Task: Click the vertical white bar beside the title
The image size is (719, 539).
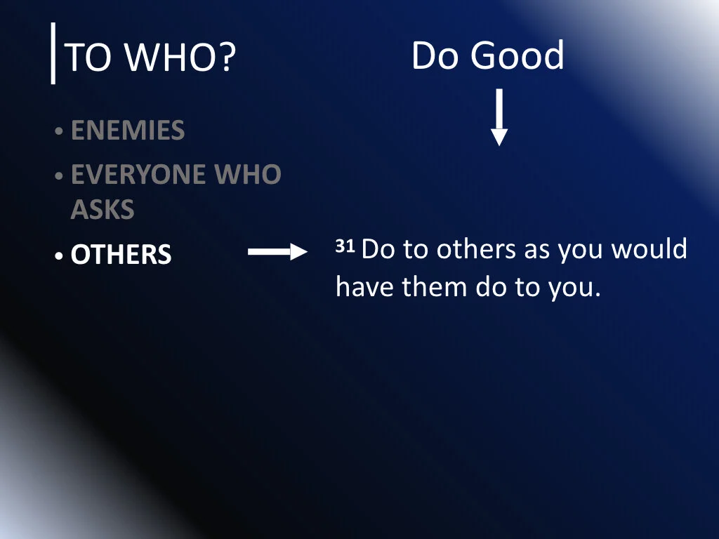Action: [x=53, y=53]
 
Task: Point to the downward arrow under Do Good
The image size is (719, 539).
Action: [x=499, y=117]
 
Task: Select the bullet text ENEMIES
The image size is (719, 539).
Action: [x=128, y=131]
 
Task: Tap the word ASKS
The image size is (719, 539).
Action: [x=103, y=210]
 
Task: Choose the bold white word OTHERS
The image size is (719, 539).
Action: [x=121, y=254]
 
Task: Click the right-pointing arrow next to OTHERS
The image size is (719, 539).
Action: [x=277, y=253]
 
